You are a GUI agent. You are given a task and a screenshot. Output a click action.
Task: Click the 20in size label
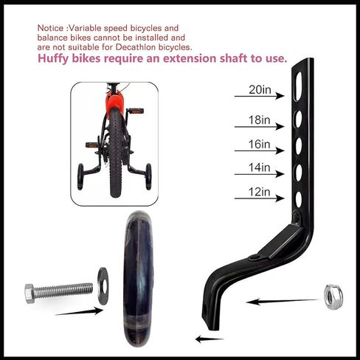260,90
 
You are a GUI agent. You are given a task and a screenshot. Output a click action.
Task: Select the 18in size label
259,120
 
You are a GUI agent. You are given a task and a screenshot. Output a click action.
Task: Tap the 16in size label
259,144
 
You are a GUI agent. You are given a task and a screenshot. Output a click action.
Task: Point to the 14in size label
259,167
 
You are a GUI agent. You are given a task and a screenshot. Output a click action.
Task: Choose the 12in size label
259,192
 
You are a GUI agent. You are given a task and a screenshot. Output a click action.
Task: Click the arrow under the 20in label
260,96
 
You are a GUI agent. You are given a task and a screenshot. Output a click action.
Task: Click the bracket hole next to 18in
299,119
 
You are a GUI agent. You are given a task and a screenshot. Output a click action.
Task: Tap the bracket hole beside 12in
299,199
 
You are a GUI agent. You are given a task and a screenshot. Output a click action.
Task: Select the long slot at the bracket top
298,86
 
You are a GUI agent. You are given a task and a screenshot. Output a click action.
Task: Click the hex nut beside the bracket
333,297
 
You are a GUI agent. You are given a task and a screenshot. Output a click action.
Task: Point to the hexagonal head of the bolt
30,294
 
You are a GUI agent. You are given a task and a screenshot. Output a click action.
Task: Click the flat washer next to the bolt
103,286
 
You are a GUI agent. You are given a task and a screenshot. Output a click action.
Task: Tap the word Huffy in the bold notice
52,59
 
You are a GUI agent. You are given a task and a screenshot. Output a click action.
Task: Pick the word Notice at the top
50,28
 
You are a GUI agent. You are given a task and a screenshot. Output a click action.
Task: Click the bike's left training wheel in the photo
80,176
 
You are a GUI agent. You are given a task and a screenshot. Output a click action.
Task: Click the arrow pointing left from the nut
283,301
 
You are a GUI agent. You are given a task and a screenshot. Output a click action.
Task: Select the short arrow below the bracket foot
210,339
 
